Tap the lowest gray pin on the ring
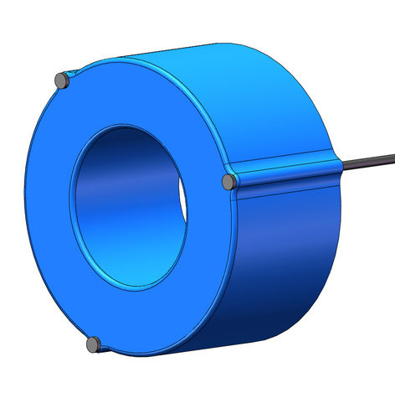coord(94,343)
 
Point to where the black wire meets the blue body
coord(340,165)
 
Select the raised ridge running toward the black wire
coord(285,168)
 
